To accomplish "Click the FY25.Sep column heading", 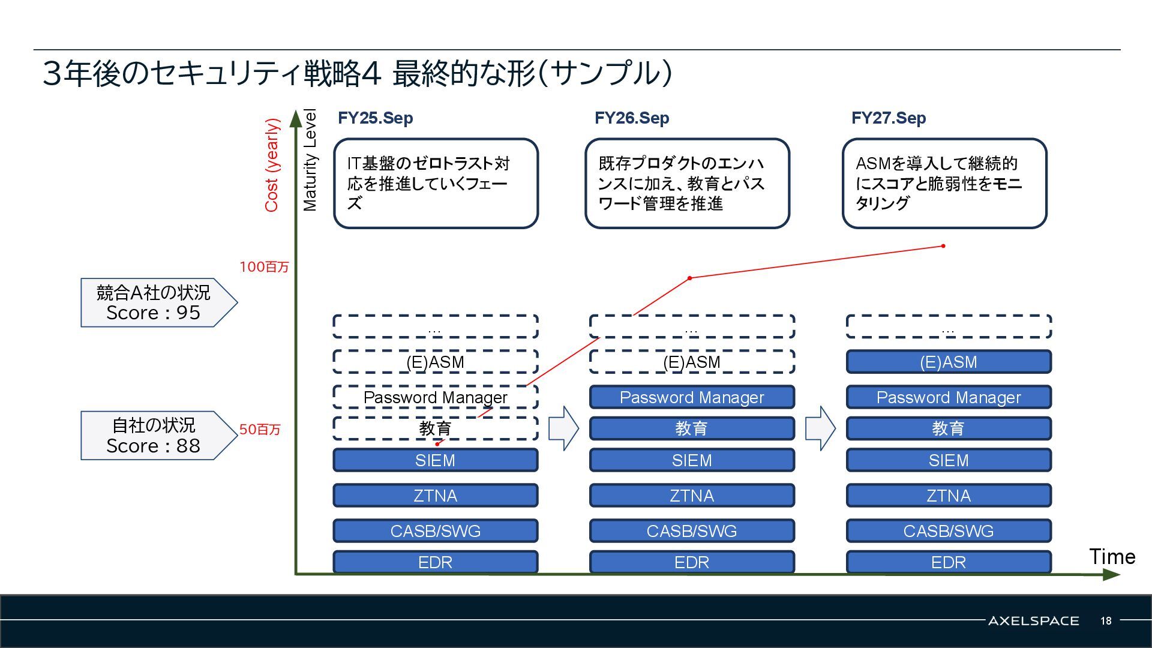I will click(x=375, y=118).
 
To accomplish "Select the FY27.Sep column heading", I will click(x=889, y=118).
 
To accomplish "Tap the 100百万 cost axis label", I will click(x=264, y=267).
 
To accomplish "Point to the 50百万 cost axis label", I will click(x=260, y=430).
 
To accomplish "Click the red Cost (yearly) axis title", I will click(x=272, y=165).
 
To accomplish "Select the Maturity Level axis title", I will click(x=310, y=160).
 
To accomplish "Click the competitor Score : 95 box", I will click(x=154, y=302).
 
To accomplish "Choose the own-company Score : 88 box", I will click(x=154, y=436).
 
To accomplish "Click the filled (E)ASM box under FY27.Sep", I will click(x=948, y=362).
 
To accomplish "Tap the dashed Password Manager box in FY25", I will click(x=435, y=397).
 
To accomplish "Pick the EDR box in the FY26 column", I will click(x=692, y=562).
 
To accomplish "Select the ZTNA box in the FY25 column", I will click(x=435, y=496).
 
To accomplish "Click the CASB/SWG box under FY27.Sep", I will click(x=948, y=531).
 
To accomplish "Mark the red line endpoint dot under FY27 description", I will click(x=943, y=246).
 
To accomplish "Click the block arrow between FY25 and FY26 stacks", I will click(x=563, y=428).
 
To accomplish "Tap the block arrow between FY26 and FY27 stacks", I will click(x=820, y=428).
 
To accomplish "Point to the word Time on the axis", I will click(x=1112, y=557).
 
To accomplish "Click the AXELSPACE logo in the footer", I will click(x=1033, y=621).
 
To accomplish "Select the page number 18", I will click(x=1106, y=621).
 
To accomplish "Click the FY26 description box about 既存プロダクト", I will click(x=687, y=184).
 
